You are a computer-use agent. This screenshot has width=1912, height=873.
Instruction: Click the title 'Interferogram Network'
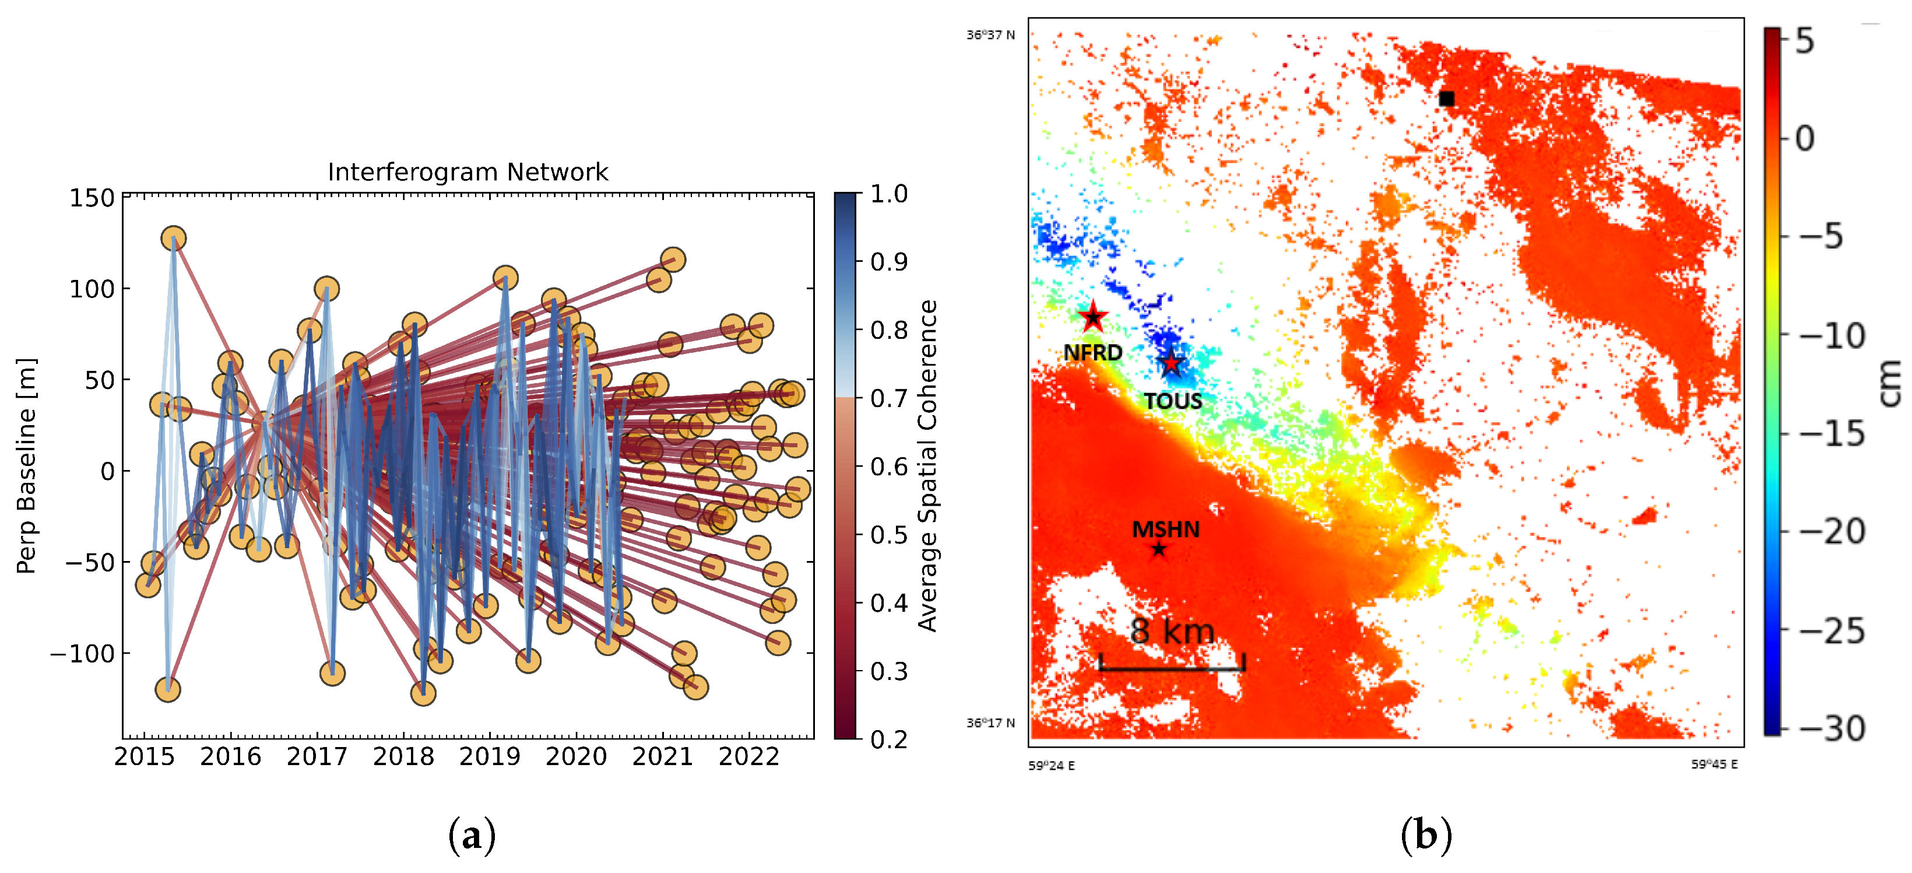[x=468, y=172]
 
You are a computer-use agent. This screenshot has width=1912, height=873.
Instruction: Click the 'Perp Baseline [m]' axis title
[x=26, y=466]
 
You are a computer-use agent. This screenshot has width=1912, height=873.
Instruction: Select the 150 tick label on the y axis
[x=92, y=198]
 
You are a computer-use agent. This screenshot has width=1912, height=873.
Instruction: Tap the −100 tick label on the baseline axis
[x=82, y=654]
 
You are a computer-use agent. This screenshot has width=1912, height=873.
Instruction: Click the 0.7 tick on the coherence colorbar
[x=888, y=399]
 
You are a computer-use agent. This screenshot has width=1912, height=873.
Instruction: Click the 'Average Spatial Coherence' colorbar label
[x=928, y=466]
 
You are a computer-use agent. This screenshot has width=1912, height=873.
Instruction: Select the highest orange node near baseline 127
[x=174, y=239]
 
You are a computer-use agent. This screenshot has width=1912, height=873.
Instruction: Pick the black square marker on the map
[x=1446, y=99]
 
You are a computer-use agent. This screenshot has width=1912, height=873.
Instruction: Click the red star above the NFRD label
[x=1092, y=318]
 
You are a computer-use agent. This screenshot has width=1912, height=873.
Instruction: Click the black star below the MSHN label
[x=1159, y=550]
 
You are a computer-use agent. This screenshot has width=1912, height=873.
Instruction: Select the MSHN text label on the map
[x=1165, y=530]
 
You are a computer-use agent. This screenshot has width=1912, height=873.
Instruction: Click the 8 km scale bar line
[x=1171, y=667]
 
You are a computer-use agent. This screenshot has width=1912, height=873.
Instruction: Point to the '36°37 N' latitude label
[x=990, y=35]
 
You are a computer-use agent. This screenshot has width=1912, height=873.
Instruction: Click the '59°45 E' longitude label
[x=1714, y=765]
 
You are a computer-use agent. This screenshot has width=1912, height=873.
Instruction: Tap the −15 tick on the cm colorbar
[x=1831, y=433]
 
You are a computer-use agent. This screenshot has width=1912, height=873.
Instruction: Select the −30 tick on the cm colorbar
[x=1831, y=728]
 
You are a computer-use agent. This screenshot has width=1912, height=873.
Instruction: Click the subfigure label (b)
[x=1426, y=836]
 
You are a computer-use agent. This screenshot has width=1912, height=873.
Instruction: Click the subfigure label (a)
[x=472, y=836]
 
